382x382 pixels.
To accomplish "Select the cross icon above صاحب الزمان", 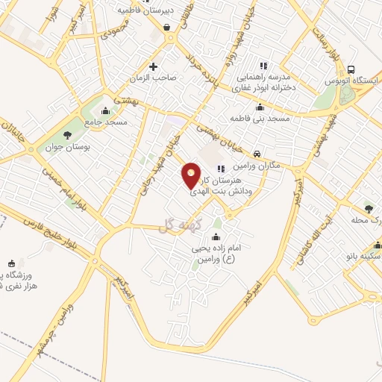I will tap(154, 65).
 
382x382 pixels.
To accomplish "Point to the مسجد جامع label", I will tap(105, 121).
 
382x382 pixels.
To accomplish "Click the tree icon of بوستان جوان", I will tap(68, 135).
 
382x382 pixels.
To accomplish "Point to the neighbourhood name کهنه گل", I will tap(175, 227).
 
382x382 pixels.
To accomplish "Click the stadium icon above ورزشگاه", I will tap(10, 263).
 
